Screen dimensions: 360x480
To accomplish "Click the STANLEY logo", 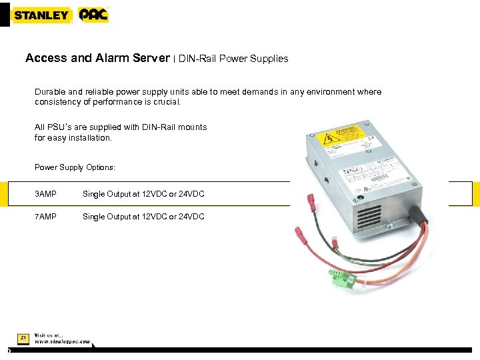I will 41,15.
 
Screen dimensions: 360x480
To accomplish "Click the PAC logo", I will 93,15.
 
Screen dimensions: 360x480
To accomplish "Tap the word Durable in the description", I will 51,92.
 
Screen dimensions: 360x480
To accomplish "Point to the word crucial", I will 166,103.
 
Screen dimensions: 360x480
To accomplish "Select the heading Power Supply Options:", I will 75,167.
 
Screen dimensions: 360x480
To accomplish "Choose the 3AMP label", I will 45,194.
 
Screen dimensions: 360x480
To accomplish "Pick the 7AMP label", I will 45,217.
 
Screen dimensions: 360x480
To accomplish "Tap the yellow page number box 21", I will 23,339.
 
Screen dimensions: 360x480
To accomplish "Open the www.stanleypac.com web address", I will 62,341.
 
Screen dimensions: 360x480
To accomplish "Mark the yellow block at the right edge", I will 476,194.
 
